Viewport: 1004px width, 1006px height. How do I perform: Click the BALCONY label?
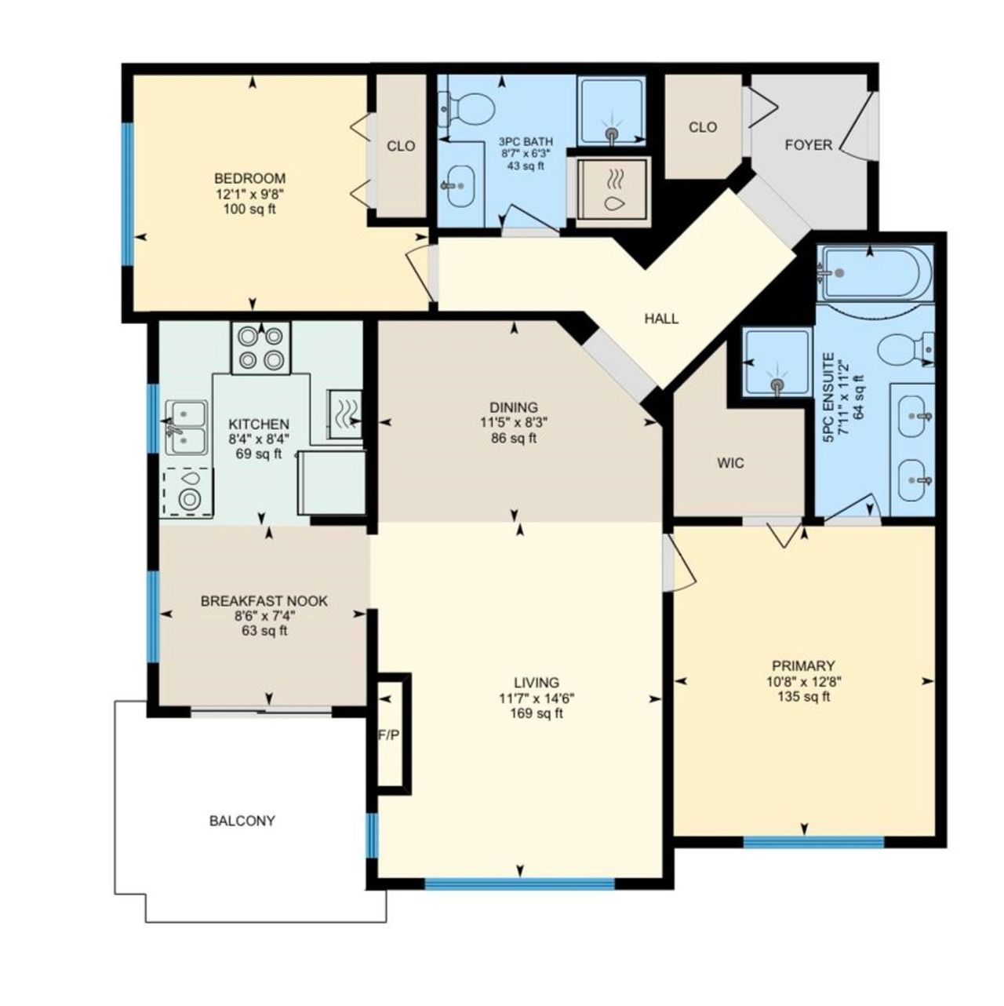242,822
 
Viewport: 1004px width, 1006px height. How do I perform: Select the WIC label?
730,462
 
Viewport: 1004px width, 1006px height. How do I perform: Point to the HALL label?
661,319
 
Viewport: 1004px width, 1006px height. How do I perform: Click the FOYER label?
809,144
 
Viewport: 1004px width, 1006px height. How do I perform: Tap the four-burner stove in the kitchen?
261,348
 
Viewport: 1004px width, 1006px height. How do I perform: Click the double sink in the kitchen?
186,427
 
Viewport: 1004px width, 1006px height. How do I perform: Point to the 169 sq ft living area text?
536,713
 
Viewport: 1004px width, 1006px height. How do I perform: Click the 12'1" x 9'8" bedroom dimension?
252,194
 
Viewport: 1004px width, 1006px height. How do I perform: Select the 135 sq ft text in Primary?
804,696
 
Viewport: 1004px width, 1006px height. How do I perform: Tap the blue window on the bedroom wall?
127,194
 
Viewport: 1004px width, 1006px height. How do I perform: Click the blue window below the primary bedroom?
813,841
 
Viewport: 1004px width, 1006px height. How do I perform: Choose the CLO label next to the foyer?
702,127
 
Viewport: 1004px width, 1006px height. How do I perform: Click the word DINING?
514,406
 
